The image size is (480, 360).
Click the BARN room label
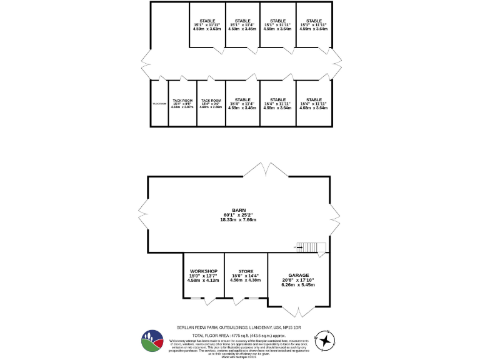pos(237,210)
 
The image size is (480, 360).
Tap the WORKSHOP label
pos(202,271)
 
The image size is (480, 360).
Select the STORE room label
pos(244,271)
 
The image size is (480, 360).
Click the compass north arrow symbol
pos(327,339)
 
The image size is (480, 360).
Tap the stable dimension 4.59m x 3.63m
pos(207,29)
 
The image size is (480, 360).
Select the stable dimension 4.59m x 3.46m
pos(242,29)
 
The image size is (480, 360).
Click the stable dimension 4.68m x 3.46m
pos(242,108)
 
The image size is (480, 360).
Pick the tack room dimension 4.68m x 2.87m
pos(182,107)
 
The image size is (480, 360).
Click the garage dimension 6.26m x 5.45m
pos(298,285)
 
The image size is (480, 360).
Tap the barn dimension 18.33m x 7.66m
pos(237,219)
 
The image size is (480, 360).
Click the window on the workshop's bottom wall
pos(196,297)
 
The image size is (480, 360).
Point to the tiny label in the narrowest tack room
pos(159,104)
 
